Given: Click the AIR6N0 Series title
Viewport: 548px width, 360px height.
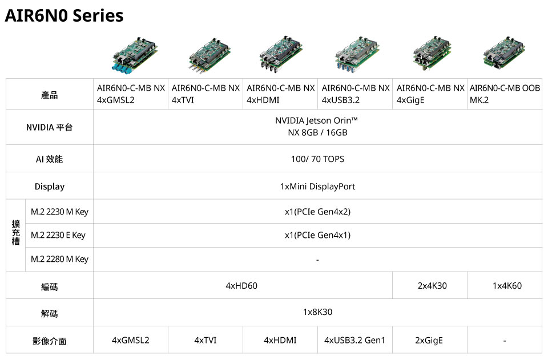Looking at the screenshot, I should click(64, 16).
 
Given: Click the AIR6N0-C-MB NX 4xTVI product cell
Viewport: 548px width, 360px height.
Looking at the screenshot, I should click(205, 94).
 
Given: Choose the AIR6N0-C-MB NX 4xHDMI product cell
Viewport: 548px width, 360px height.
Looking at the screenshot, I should click(280, 94).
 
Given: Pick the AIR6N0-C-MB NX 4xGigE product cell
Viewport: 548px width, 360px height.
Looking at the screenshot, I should click(430, 94).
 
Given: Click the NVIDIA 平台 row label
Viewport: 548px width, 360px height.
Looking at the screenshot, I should click(50, 127).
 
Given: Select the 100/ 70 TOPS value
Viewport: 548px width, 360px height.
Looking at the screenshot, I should click(317, 159).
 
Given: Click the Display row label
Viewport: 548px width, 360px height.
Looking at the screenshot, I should click(50, 187).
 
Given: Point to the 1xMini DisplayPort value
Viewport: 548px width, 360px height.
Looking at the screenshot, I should click(317, 187).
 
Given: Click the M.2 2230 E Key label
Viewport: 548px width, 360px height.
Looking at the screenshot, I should click(58, 235).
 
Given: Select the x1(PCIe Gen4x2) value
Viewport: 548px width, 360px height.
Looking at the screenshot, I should click(317, 212).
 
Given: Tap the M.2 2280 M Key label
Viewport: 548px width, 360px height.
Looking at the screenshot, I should click(60, 259).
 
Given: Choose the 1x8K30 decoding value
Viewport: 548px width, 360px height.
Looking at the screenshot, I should click(317, 312).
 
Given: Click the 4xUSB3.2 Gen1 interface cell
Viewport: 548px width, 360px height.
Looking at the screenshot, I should click(354, 340).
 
